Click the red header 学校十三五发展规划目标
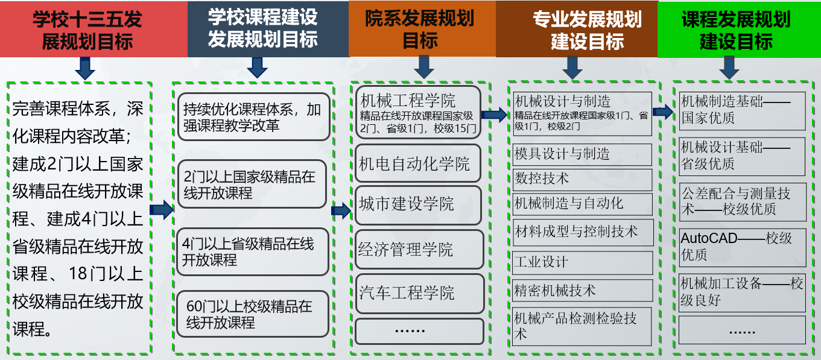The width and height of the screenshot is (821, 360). click(94, 29)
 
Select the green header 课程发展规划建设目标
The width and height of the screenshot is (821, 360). click(740, 30)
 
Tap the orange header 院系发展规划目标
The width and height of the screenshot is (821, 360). click(422, 29)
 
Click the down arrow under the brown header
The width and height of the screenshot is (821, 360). click(572, 68)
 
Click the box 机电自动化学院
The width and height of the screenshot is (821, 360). click(418, 163)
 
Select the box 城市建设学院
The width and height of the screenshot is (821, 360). click(418, 205)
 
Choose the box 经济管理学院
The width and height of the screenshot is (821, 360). click(419, 250)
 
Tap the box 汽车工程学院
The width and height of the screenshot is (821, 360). click(420, 293)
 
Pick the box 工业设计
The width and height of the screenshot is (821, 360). click(582, 262)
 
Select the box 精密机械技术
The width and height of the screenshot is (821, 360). click(582, 291)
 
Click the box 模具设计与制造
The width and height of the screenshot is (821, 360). click(582, 154)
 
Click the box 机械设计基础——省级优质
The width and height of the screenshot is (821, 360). click(742, 157)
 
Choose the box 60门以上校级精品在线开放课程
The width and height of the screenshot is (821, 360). click(253, 314)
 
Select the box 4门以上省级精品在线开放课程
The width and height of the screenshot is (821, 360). click(253, 251)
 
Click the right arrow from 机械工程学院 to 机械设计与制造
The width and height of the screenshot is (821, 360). click(494, 115)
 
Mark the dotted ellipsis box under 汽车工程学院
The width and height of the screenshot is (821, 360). click(419, 332)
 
